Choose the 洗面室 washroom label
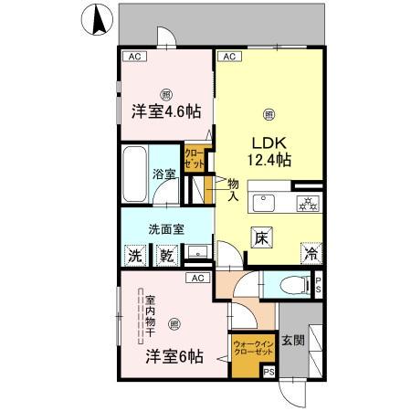pyautogui.click(x=167, y=229)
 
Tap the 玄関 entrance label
pyautogui.click(x=293, y=342)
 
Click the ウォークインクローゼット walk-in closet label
pyautogui.click(x=253, y=346)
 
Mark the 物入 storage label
pyautogui.click(x=233, y=189)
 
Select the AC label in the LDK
pyautogui.click(x=229, y=57)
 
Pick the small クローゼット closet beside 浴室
pyautogui.click(x=195, y=159)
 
